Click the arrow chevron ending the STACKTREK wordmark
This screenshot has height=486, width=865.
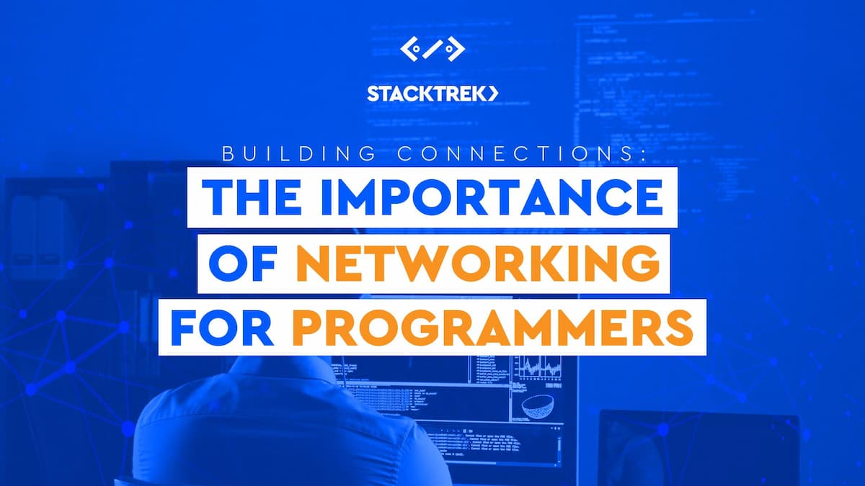point(493,94)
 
